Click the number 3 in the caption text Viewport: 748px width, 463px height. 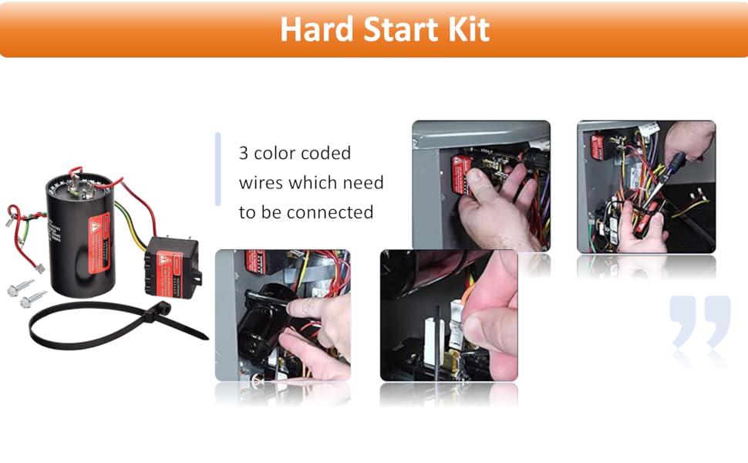tap(244, 154)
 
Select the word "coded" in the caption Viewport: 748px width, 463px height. tap(326, 154)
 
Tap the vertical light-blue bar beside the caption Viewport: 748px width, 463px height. tap(218, 169)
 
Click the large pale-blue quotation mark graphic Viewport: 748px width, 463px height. tap(699, 321)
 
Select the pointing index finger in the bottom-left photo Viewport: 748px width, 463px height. tap(308, 306)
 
